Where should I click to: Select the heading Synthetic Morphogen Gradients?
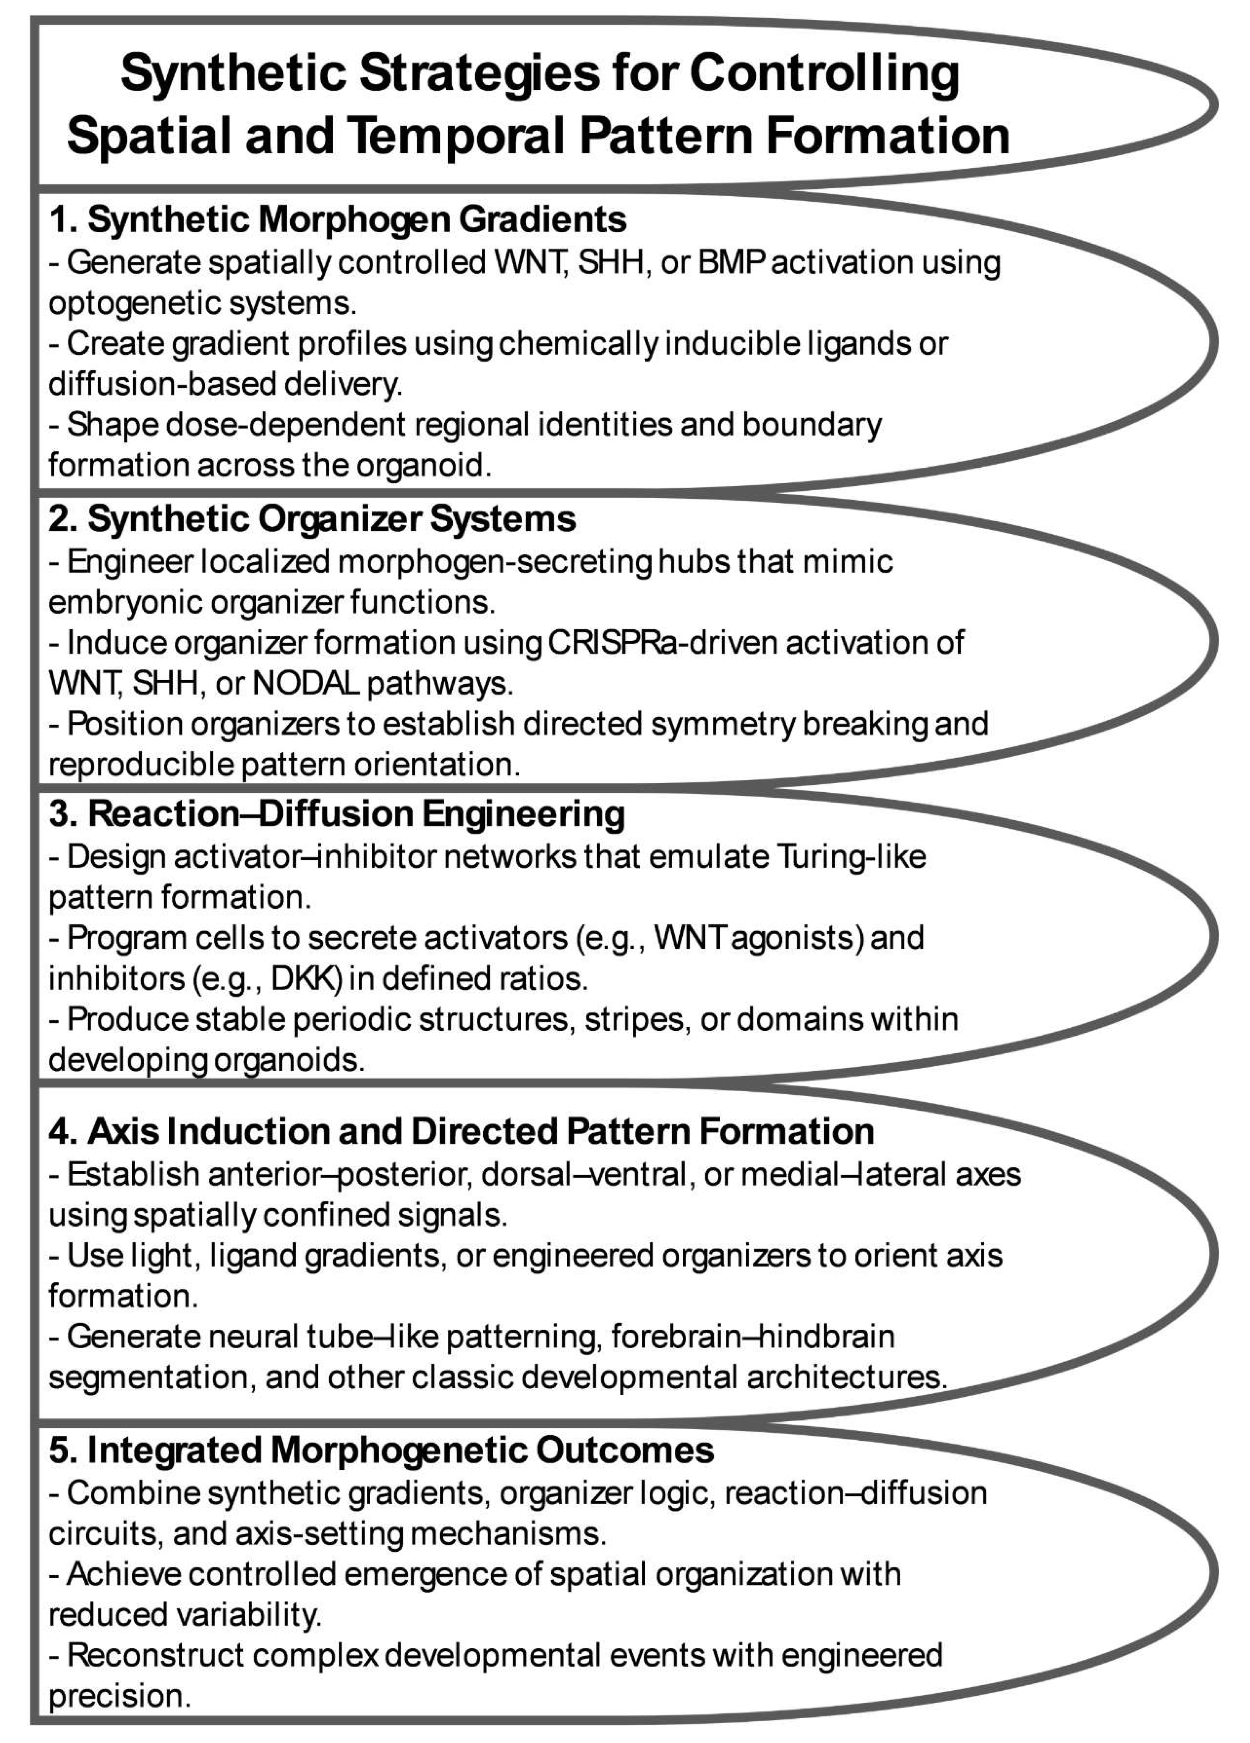[x=338, y=221]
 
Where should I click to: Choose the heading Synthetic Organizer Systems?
[x=312, y=519]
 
